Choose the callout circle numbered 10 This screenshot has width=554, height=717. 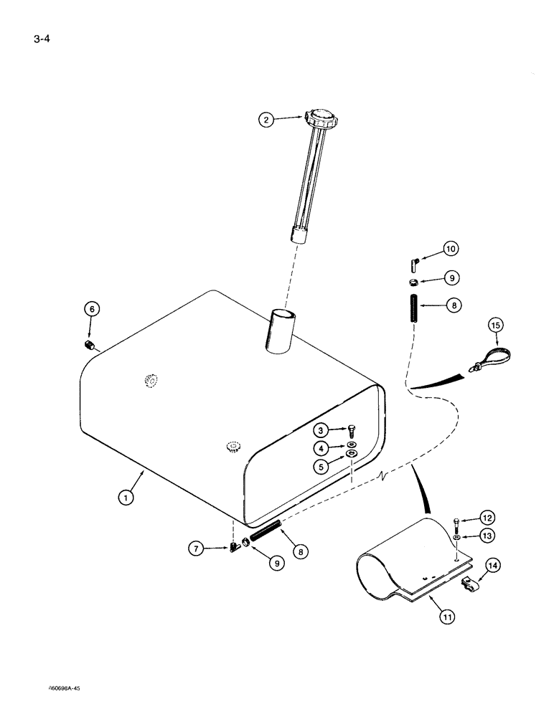[450, 250]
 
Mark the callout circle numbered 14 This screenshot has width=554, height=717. [493, 566]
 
